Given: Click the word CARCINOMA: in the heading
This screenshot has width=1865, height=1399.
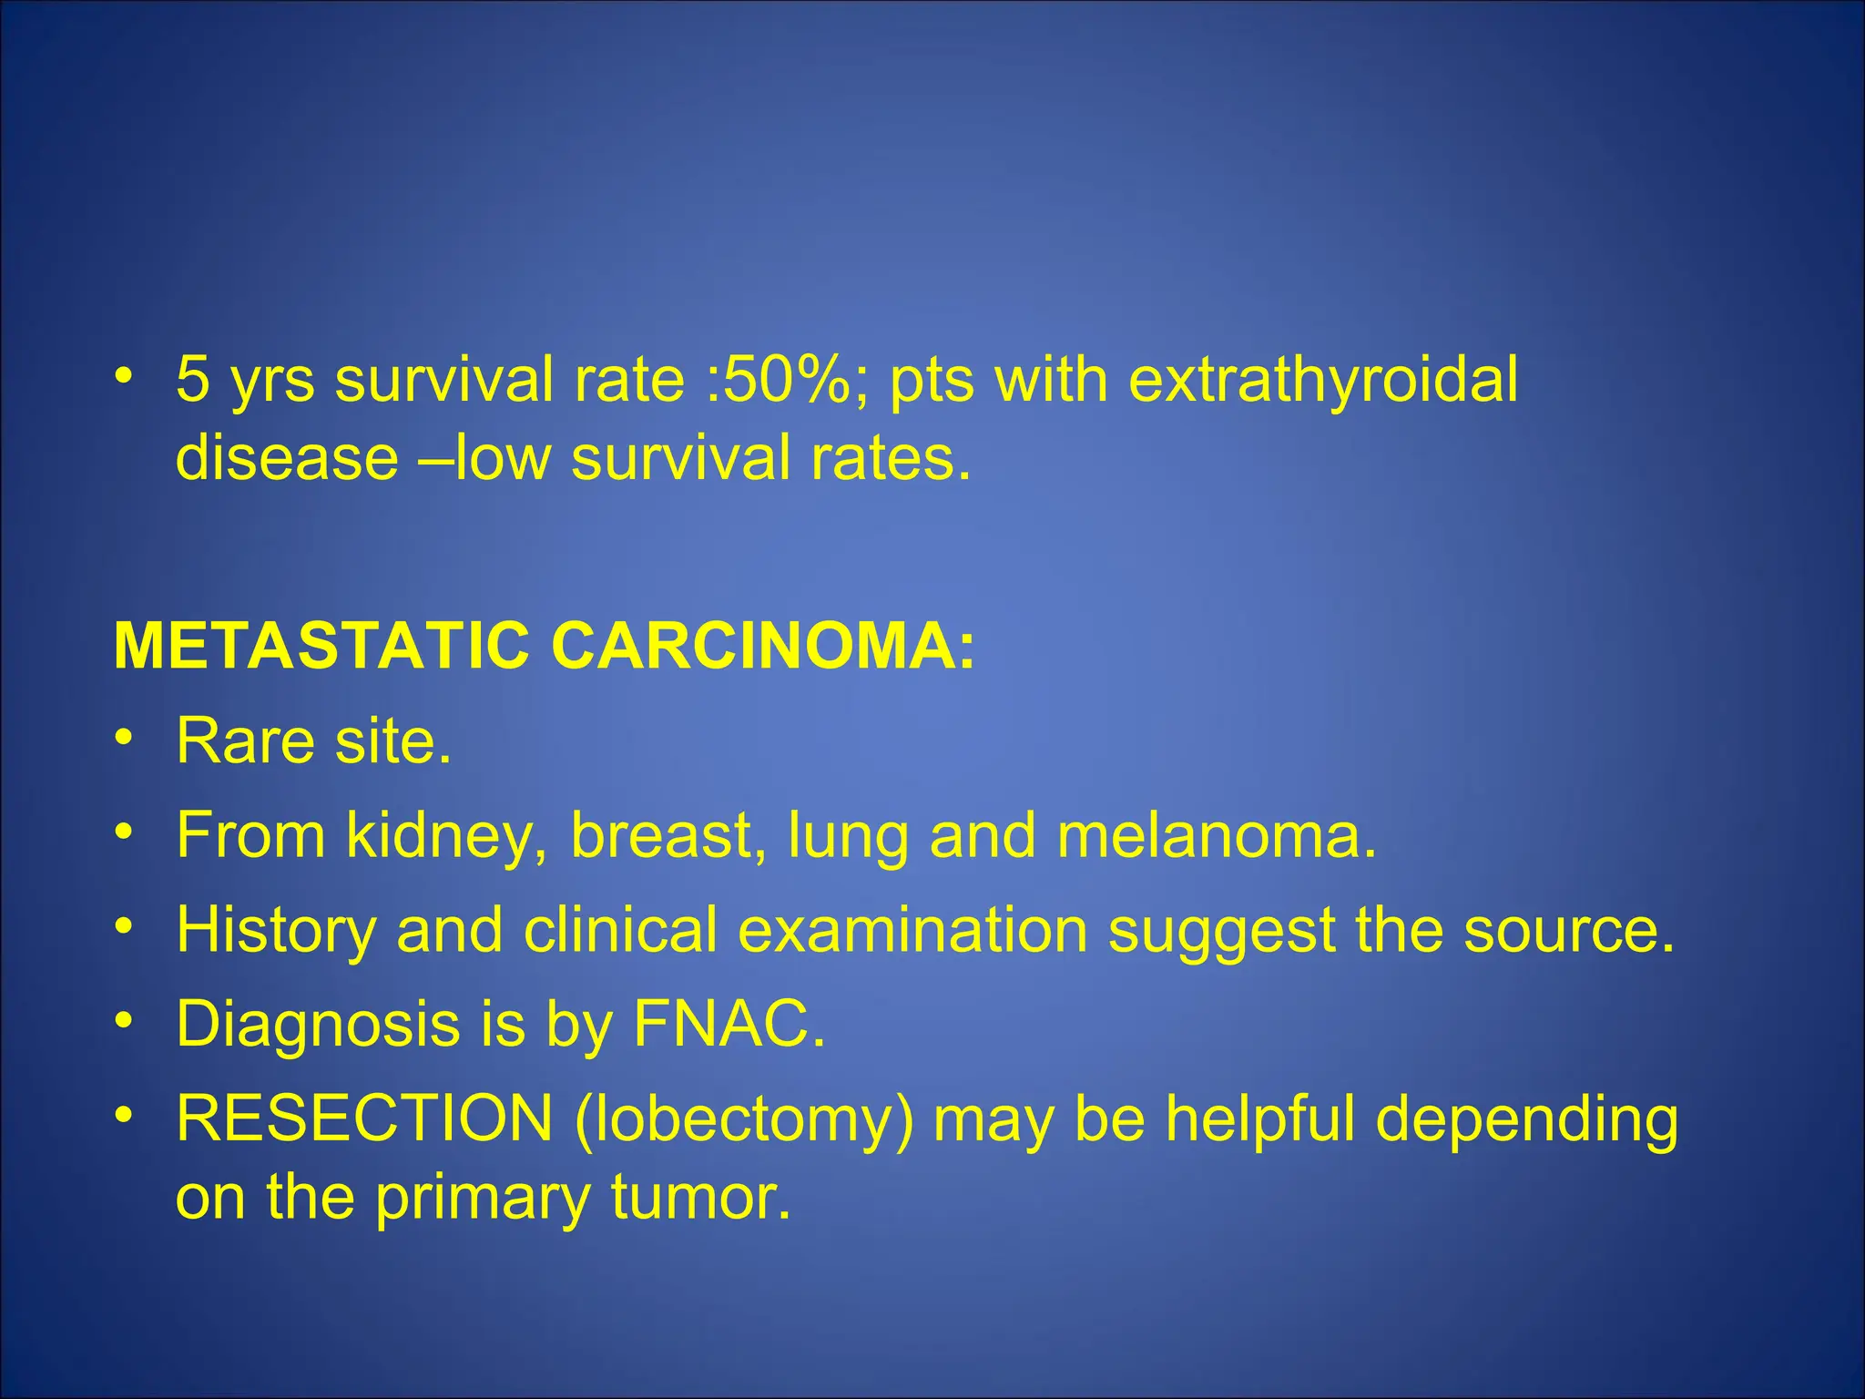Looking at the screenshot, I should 763,646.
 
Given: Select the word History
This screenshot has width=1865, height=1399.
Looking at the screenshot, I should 275,930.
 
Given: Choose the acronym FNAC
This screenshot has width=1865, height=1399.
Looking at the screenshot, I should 729,1024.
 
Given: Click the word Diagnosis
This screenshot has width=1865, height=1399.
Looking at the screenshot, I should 318,1024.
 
